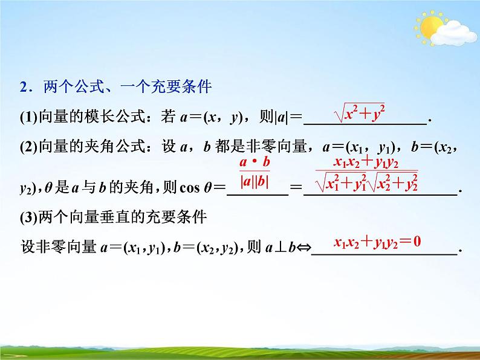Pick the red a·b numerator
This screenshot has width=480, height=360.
click(254, 162)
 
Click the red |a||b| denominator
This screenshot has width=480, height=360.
click(255, 181)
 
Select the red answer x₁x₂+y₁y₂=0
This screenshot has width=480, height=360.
click(378, 242)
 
